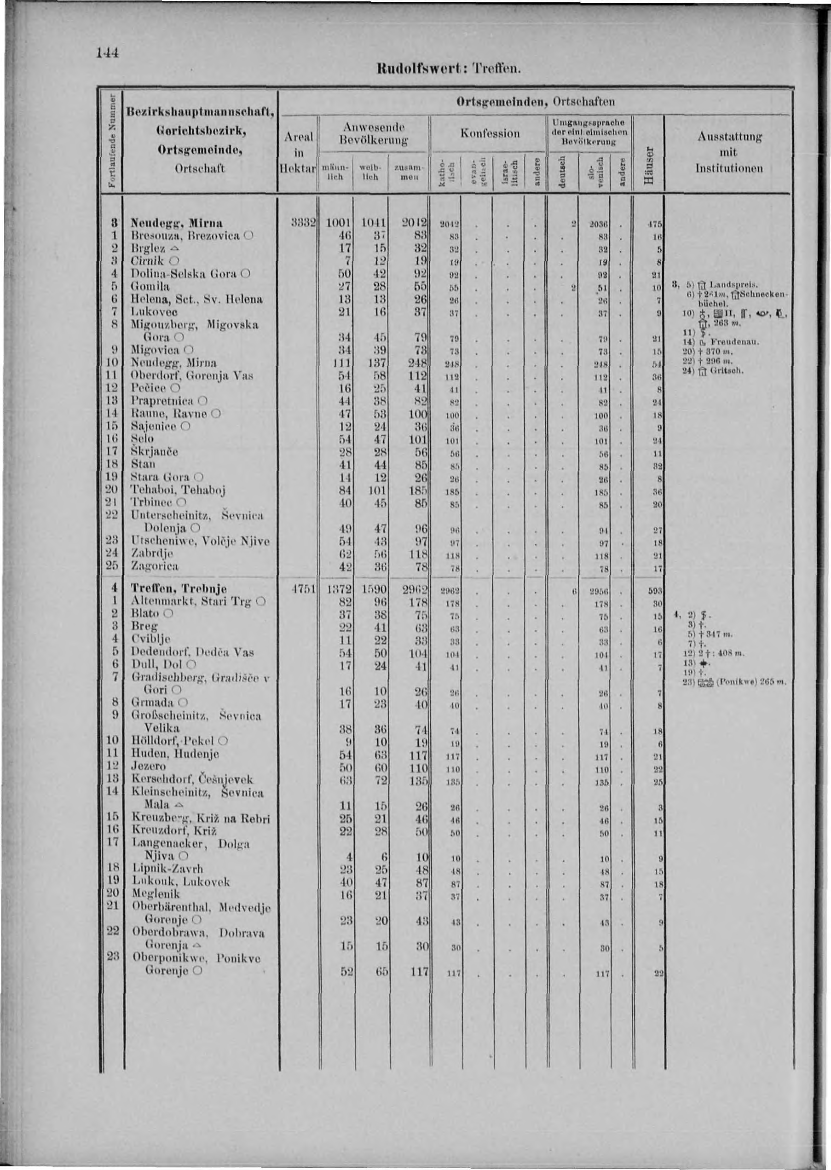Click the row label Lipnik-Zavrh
tap(168, 869)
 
